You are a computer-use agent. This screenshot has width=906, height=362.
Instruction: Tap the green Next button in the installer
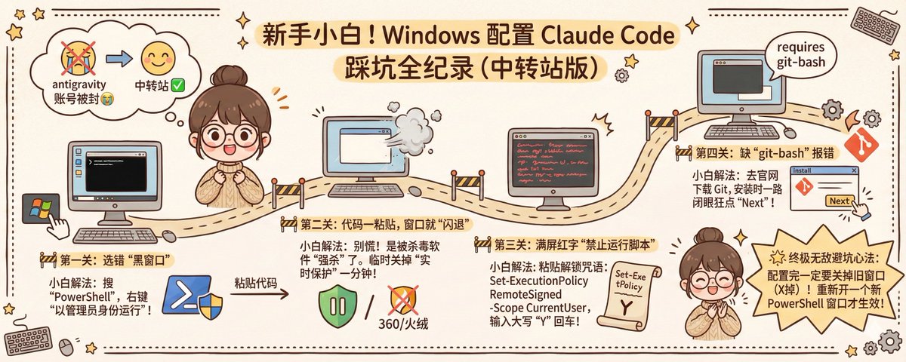pyautogui.click(x=840, y=201)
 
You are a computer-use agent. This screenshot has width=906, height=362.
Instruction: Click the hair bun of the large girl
pyautogui.click(x=227, y=76)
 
